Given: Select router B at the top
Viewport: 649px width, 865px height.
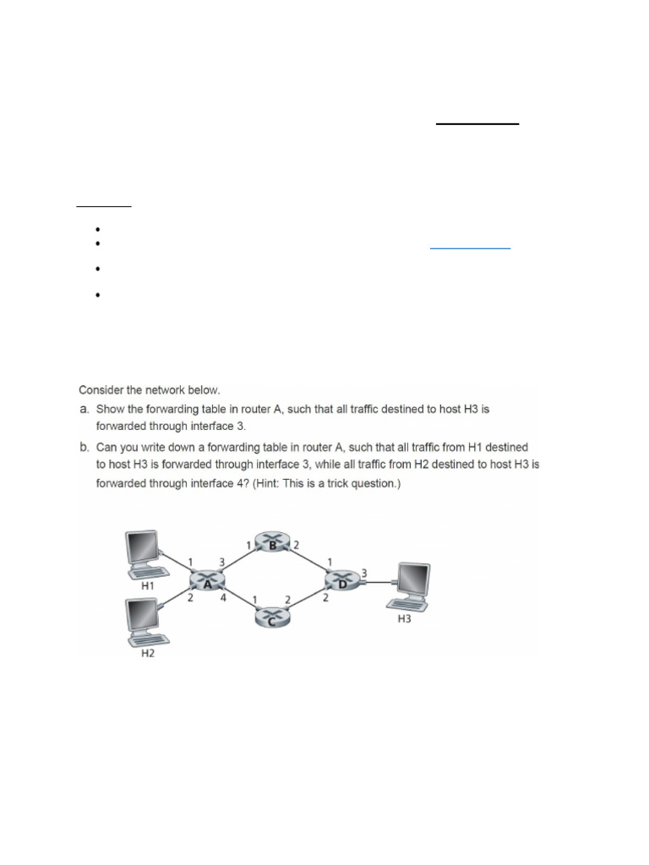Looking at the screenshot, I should click(x=273, y=543).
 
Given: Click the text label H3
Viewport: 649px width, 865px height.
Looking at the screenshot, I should click(x=404, y=619).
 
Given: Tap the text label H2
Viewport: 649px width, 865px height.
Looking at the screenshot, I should click(x=147, y=656).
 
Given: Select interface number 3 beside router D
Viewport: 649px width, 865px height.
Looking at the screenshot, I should click(x=364, y=573).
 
